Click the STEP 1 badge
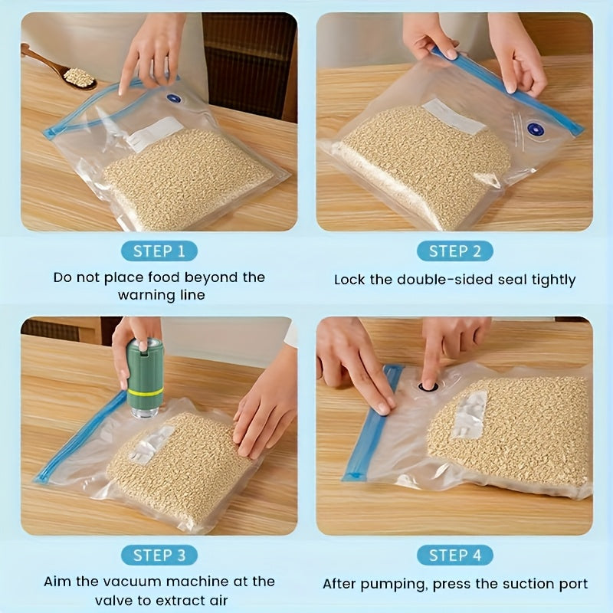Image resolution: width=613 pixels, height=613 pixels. pos(159,251)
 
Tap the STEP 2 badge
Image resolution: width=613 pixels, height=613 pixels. pos(454,251)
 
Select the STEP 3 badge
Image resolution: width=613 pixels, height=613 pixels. pos(159,555)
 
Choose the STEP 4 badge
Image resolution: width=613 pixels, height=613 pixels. pos(454,555)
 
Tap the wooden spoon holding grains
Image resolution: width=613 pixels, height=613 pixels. pos(59,67)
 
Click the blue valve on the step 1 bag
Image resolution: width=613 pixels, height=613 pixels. pos(174,98)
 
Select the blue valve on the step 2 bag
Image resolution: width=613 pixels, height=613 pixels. pos(535,129)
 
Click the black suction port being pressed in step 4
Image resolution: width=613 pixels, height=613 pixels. pos(428,387)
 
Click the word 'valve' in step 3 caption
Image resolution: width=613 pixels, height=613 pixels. pos(114,600)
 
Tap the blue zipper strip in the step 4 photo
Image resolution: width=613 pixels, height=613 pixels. pos(373,422)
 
